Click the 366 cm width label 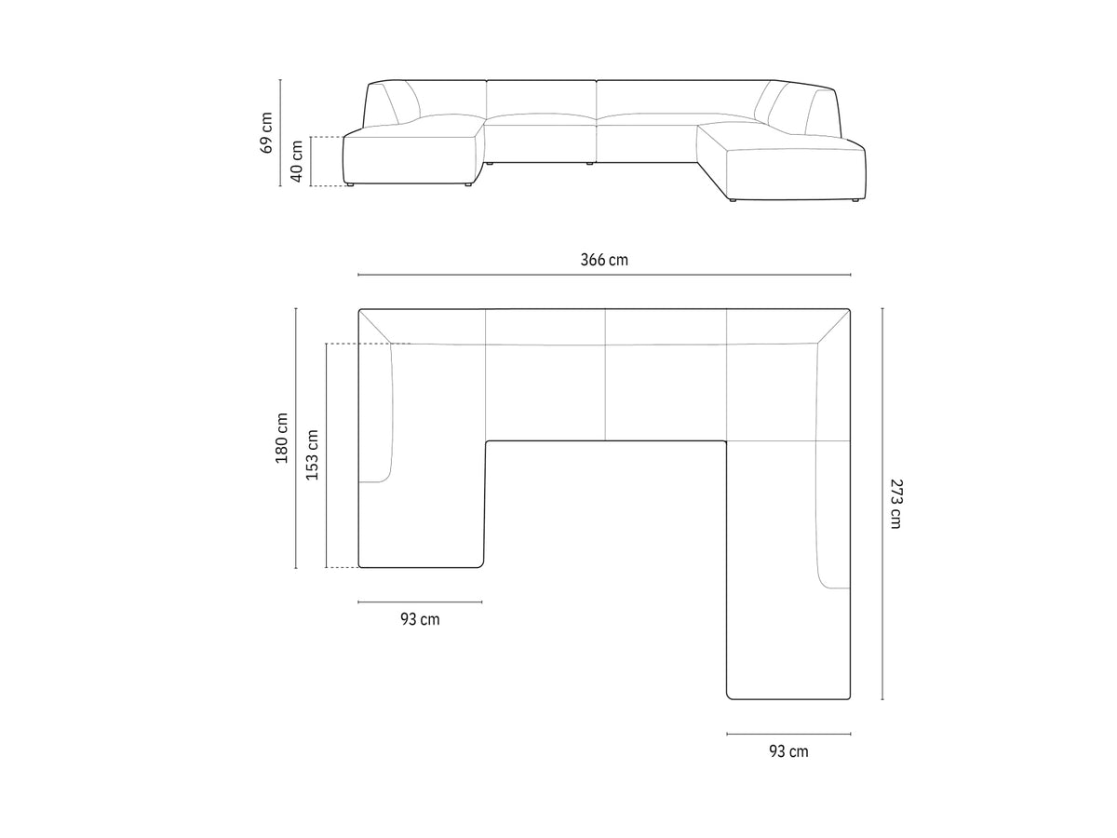(604, 260)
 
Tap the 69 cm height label (266, 133)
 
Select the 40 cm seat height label (297, 161)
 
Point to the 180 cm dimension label (281, 438)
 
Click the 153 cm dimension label (312, 455)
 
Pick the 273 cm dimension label (896, 504)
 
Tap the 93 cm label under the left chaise (420, 619)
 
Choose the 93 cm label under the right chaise (788, 751)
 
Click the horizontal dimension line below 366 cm (604, 275)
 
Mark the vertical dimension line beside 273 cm (882, 504)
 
